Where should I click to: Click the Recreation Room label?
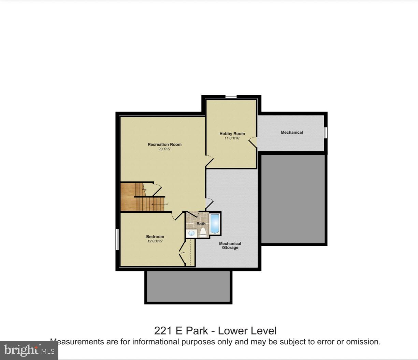pyautogui.click(x=164, y=145)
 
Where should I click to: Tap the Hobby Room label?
pyautogui.click(x=232, y=134)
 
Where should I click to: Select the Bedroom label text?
pyautogui.click(x=155, y=237)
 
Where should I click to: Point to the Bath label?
pyautogui.click(x=201, y=224)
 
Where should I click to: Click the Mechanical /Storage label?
pyautogui.click(x=230, y=245)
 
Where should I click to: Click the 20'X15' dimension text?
pyautogui.click(x=164, y=149)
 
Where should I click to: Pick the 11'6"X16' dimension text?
pyautogui.click(x=232, y=138)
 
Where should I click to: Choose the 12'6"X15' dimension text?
pyautogui.click(x=155, y=241)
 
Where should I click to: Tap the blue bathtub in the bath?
pyautogui.click(x=215, y=223)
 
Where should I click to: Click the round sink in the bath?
pyautogui.click(x=191, y=233)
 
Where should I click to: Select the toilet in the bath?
pyautogui.click(x=203, y=232)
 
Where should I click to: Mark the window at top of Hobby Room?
pyautogui.click(x=231, y=96)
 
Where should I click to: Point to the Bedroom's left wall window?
pyautogui.click(x=117, y=239)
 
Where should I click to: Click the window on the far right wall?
pyautogui.click(x=326, y=133)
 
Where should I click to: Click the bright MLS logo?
pyautogui.click(x=29, y=350)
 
